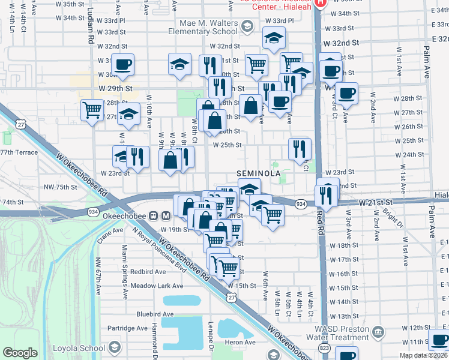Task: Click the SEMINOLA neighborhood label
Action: coord(258,173)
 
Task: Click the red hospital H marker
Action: coord(320,2)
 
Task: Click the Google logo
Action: coord(20,353)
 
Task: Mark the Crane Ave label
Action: coord(110,234)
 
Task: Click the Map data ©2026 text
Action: coord(424,355)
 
